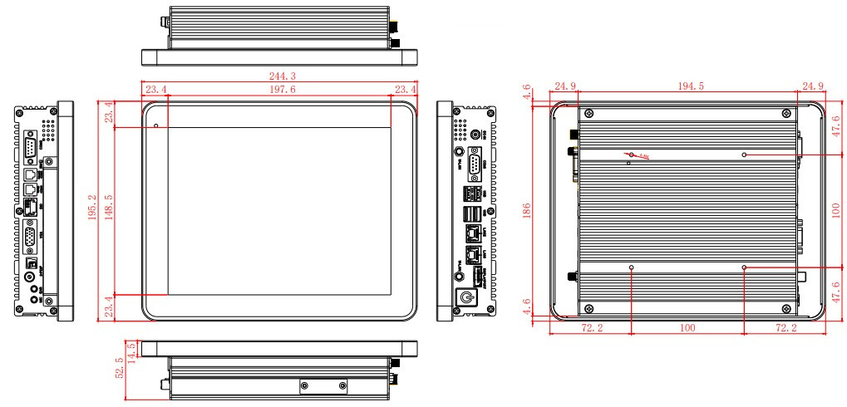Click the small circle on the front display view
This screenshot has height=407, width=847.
point(156,126)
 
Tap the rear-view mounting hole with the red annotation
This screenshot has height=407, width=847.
point(631,154)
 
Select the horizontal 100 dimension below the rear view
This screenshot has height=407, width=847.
point(687,330)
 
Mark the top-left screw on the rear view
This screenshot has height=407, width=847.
point(588,114)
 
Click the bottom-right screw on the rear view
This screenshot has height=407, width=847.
point(785,305)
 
